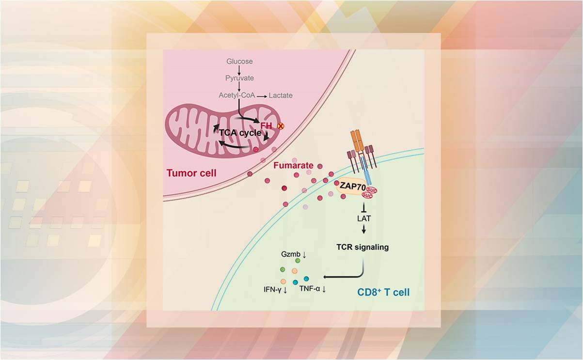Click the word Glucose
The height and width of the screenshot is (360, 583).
click(239, 62)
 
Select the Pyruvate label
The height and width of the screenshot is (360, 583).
click(239, 78)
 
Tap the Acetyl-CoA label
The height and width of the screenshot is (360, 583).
click(236, 95)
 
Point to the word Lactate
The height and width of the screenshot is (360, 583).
click(281, 95)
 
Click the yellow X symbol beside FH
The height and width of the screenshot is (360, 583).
click(280, 126)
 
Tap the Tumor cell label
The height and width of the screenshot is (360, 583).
click(191, 173)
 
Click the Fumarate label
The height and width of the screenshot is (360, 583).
click(293, 165)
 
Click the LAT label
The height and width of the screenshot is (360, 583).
click(363, 218)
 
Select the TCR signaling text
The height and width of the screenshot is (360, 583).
click(363, 247)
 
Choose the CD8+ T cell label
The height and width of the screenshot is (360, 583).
click(383, 292)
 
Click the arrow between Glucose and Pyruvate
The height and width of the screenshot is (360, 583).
click(239, 69)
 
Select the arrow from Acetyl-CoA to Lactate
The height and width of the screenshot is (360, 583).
click(262, 96)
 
